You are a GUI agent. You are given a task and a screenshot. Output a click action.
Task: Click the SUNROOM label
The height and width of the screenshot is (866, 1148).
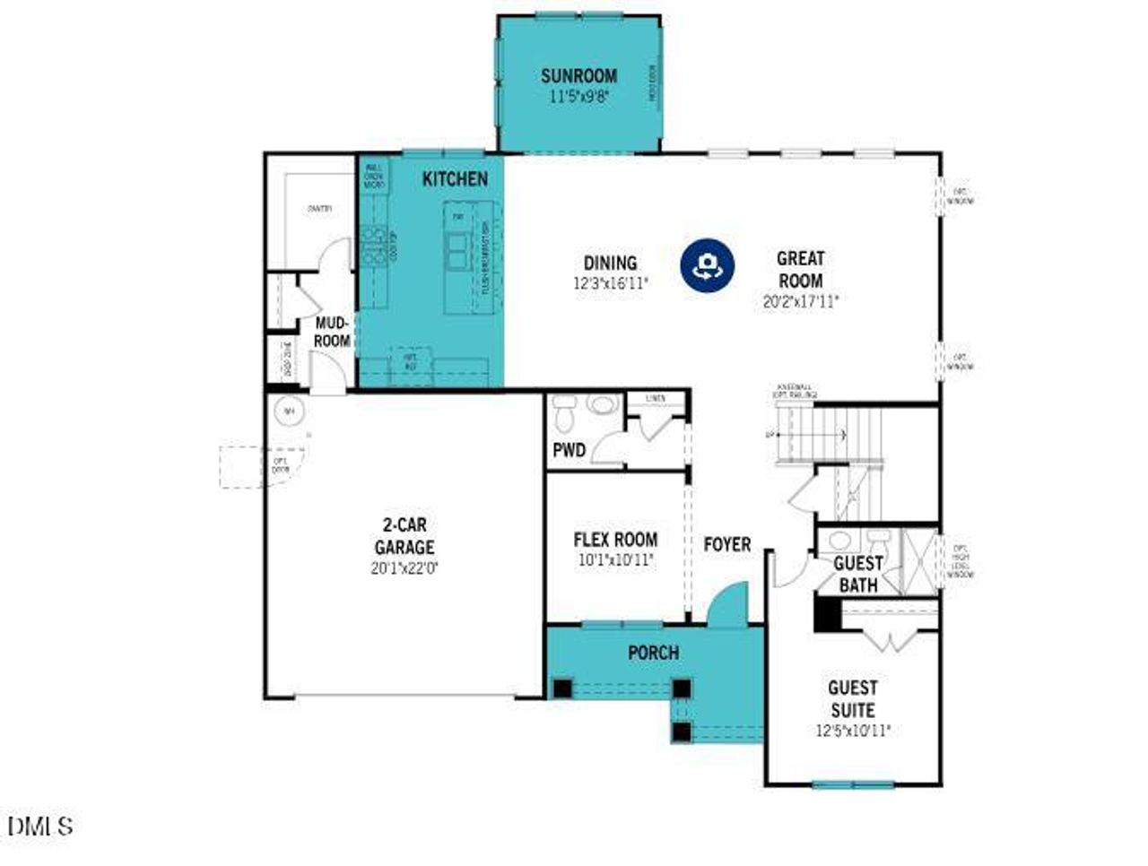(578, 75)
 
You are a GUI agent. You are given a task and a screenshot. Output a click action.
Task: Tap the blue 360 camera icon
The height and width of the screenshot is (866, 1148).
(707, 265)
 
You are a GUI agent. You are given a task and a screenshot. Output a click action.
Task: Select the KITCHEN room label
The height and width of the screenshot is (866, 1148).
(455, 179)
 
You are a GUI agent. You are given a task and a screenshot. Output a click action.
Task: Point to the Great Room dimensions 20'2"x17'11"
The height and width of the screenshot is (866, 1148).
(800, 302)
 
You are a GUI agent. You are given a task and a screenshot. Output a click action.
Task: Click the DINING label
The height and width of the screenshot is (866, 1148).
(610, 263)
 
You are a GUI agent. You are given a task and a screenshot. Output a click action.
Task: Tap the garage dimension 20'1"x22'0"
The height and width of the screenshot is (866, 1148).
(404, 567)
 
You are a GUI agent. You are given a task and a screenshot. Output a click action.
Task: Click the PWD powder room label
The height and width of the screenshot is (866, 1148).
(569, 449)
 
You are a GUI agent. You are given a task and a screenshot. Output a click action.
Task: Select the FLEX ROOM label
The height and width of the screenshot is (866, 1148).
(615, 540)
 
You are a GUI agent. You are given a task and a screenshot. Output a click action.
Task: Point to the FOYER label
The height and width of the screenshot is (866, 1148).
(726, 544)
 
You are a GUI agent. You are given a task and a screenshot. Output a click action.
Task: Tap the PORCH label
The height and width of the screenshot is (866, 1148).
(653, 653)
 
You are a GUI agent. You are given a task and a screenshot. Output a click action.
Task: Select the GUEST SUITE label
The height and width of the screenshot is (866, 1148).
(852, 698)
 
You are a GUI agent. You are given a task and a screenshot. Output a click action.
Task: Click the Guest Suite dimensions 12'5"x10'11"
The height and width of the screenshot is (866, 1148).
(852, 731)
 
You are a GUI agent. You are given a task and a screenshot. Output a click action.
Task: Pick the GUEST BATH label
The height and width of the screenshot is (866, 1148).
(858, 574)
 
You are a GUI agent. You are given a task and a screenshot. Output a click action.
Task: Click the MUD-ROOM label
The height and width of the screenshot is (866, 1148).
(332, 332)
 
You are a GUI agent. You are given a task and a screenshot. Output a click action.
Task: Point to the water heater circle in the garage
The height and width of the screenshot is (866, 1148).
(289, 411)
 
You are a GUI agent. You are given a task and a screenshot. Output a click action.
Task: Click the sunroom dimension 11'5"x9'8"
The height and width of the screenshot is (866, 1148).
(578, 97)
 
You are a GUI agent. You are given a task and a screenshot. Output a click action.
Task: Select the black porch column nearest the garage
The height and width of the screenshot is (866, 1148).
(562, 688)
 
